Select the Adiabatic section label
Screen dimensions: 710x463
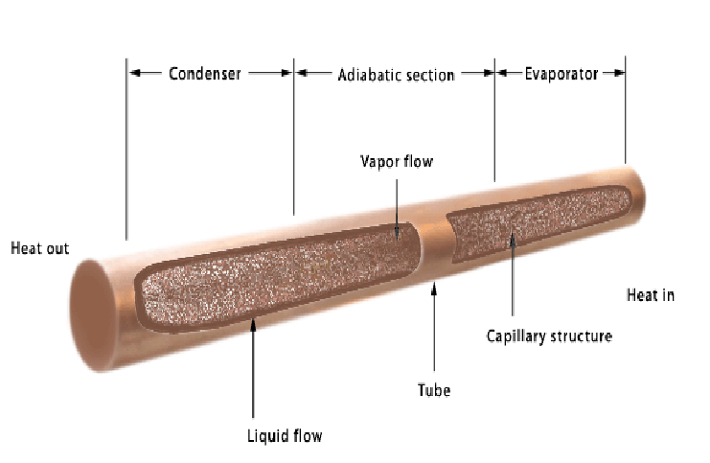(x=396, y=75)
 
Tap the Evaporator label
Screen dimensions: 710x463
(x=561, y=74)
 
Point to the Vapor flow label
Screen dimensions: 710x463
(x=396, y=161)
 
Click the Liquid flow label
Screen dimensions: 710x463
(x=285, y=436)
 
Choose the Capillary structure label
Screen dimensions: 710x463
(x=549, y=336)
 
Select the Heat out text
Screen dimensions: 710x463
(x=40, y=249)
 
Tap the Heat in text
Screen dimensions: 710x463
(x=651, y=295)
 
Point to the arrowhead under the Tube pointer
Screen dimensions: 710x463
(x=434, y=286)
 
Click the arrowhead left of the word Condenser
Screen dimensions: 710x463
(x=135, y=73)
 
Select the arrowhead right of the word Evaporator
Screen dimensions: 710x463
(x=619, y=73)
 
